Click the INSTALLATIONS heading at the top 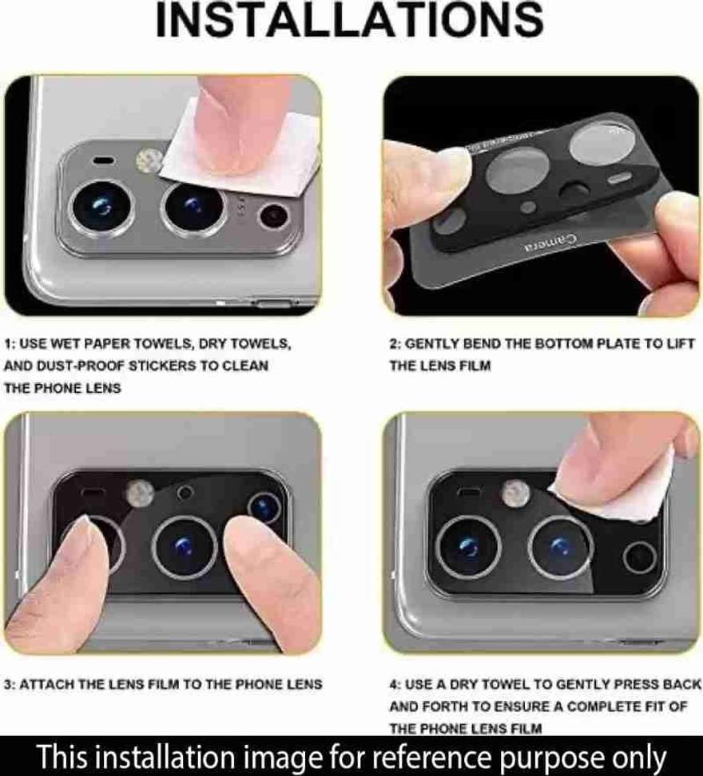(x=350, y=20)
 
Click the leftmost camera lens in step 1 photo (x=102, y=207)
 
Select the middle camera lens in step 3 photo (x=185, y=548)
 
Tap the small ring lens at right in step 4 (x=639, y=557)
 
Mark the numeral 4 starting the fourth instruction (x=393, y=685)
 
